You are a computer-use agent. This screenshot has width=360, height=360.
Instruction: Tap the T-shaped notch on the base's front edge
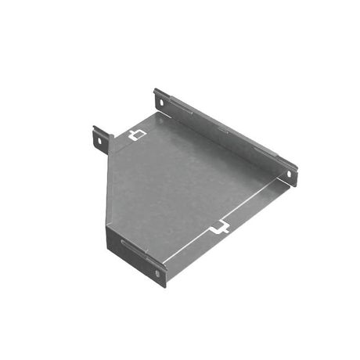221,229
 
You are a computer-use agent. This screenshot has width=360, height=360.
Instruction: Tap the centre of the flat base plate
192,184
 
